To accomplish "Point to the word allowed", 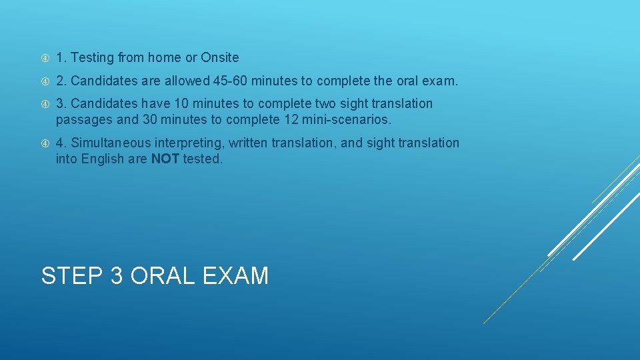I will (x=188, y=81).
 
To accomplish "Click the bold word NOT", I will (x=165, y=159).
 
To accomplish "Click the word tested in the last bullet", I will (x=202, y=159).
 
